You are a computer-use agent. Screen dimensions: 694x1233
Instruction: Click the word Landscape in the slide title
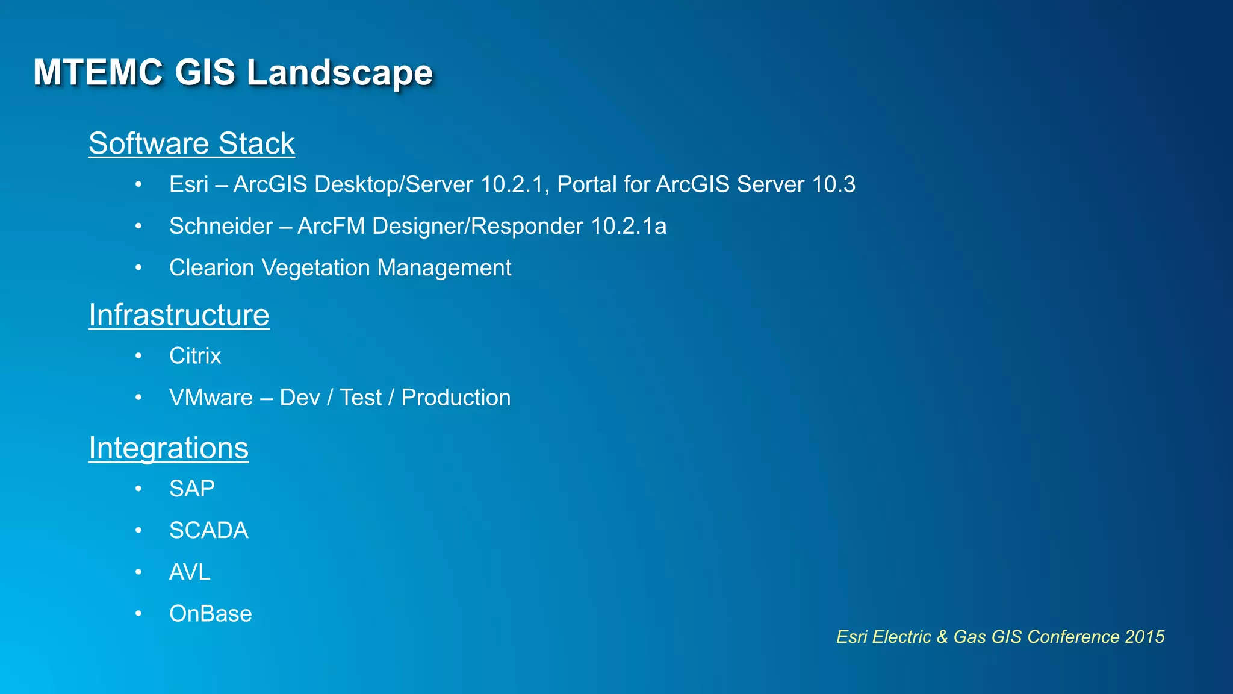340,73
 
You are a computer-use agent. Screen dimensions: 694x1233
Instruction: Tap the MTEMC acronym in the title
98,73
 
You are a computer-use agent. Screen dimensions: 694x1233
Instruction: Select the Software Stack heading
191,144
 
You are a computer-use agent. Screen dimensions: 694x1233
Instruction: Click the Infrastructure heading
179,315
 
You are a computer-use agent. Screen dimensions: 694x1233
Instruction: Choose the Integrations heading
169,448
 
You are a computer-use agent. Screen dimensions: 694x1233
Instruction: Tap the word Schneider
221,227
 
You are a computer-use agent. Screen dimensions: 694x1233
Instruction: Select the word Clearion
211,268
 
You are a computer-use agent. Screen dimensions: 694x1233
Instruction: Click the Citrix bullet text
195,356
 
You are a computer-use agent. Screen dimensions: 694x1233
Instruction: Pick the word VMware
211,398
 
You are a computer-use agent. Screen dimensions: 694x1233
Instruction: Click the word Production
456,398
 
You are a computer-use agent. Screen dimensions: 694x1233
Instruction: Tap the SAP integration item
191,489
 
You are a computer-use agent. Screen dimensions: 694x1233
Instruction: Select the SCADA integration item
208,531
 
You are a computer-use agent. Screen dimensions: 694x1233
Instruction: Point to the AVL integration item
190,572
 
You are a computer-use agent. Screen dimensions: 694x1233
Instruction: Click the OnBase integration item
210,614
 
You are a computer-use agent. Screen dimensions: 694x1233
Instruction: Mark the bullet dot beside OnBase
138,614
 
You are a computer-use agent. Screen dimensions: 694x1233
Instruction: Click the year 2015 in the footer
1144,637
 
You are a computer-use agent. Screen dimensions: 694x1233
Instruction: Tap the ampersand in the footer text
942,637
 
